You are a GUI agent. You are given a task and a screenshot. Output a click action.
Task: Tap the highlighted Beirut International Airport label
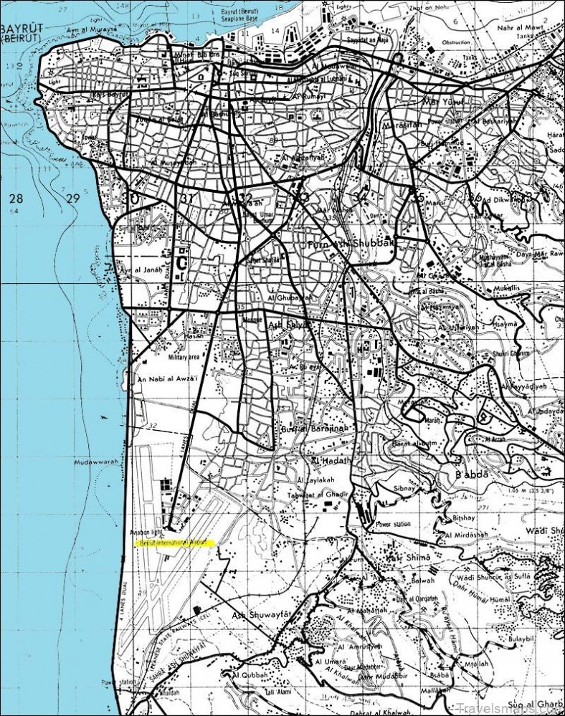click(x=175, y=543)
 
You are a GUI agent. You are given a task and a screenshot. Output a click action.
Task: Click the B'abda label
click(x=472, y=475)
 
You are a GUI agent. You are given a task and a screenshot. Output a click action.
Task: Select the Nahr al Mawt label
click(x=508, y=27)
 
